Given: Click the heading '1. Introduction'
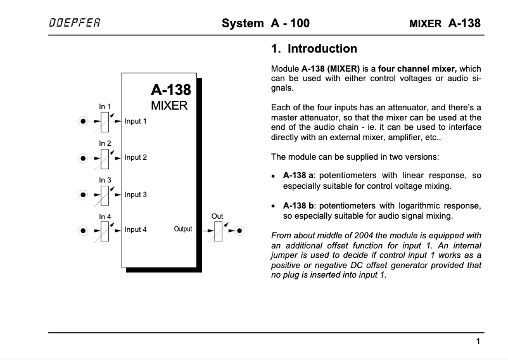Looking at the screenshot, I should pyautogui.click(x=314, y=49).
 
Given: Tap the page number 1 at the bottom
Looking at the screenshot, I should pyautogui.click(x=478, y=342).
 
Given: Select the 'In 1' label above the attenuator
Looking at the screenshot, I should pyautogui.click(x=105, y=106).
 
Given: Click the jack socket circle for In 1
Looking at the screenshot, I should pyautogui.click(x=83, y=120).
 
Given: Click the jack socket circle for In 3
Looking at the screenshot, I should pyautogui.click(x=83, y=195).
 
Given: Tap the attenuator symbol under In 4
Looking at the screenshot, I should pyautogui.click(x=105, y=229).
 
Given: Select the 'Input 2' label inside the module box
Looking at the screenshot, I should pyautogui.click(x=136, y=157).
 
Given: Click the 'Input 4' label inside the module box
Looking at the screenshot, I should pyautogui.click(x=136, y=229).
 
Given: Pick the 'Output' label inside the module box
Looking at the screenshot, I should pyautogui.click(x=183, y=229).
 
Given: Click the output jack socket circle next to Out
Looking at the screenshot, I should pyautogui.click(x=239, y=229).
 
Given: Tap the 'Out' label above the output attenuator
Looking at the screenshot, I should pyautogui.click(x=217, y=216).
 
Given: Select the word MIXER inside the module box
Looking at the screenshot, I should pyautogui.click(x=169, y=106).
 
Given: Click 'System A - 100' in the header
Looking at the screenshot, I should pyautogui.click(x=265, y=24).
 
